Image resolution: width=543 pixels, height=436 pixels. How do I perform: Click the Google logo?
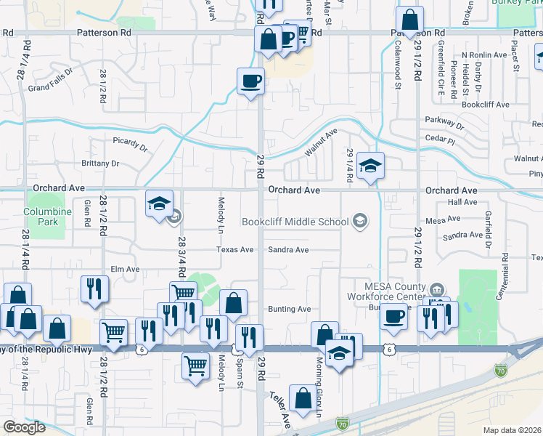[x=24, y=427]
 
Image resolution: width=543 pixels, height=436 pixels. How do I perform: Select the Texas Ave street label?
[x=235, y=249]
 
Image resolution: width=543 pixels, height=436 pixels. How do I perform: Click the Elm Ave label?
[x=124, y=269]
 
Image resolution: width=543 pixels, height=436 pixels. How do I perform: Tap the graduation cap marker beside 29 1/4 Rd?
[x=370, y=166]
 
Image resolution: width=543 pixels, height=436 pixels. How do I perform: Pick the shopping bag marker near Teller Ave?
[x=302, y=397]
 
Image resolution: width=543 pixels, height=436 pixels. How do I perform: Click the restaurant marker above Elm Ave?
[x=94, y=288]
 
